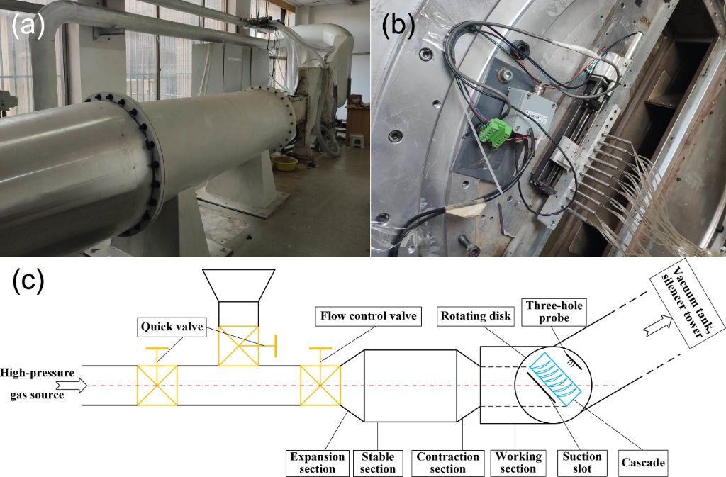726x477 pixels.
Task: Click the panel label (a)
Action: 28,26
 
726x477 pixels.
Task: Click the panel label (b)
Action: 398,26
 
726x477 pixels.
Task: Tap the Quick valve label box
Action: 172,327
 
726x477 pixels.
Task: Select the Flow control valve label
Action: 368,316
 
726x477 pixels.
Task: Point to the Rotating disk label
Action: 476,316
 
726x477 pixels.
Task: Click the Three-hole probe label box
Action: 554,312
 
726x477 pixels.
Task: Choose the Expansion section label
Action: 317,463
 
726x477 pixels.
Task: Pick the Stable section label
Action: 377,463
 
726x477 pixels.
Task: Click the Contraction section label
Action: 447,463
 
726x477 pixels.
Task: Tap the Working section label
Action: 518,463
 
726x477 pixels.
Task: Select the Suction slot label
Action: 582,463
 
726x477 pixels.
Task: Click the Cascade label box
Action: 642,463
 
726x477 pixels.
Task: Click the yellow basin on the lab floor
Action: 285,164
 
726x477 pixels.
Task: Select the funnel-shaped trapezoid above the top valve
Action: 239,286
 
